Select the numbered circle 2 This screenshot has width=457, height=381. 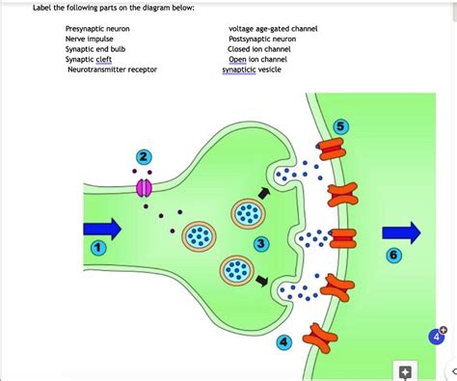coord(144,158)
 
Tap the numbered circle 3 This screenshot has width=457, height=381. coord(262,243)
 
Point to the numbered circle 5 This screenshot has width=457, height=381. coord(342,127)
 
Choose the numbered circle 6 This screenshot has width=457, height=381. coord(392,255)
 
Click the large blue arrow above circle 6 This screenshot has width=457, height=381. coord(401,232)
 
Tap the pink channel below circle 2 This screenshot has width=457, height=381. coord(144,187)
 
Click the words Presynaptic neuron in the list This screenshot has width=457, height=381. coord(97,30)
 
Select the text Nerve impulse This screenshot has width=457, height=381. coord(89,40)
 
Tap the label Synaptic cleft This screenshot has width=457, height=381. coord(89,59)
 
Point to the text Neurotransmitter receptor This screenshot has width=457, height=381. coord(112,69)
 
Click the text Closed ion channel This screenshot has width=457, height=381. coord(258,49)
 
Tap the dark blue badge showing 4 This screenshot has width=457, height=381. coord(437,337)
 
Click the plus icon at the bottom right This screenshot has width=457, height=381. coord(405,372)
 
